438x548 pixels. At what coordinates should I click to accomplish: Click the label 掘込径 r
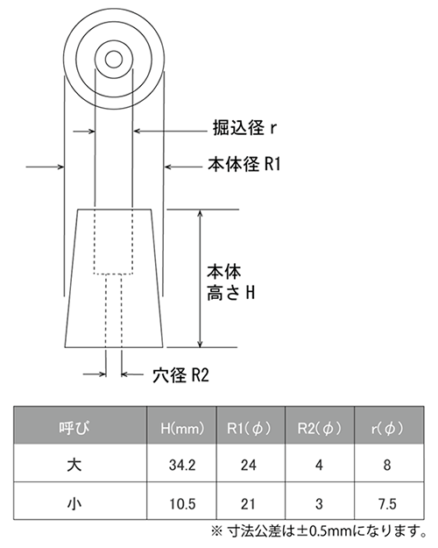pyautogui.click(x=245, y=128)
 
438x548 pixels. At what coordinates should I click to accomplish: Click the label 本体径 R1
pyautogui.click(x=244, y=164)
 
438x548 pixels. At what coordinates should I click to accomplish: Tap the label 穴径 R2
pyautogui.click(x=180, y=375)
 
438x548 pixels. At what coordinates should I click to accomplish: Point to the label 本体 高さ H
pyautogui.click(x=231, y=283)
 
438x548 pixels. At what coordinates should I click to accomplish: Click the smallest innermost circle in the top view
pyautogui.click(x=114, y=60)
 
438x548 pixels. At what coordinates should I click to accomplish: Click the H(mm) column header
pyautogui.click(x=182, y=428)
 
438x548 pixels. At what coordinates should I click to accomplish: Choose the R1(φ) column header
pyautogui.click(x=249, y=428)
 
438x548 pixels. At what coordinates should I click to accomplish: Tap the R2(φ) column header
pyautogui.click(x=319, y=428)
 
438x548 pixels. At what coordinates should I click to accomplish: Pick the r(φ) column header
pyautogui.click(x=387, y=428)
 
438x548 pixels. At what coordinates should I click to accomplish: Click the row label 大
pyautogui.click(x=74, y=466)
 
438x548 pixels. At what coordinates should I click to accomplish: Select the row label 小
pyautogui.click(x=74, y=504)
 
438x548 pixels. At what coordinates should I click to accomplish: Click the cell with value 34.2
pyautogui.click(x=182, y=466)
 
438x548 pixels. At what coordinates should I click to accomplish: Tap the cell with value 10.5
pyautogui.click(x=182, y=504)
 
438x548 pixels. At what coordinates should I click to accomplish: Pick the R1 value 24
pyautogui.click(x=248, y=466)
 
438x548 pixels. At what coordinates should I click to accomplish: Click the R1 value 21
pyautogui.click(x=248, y=504)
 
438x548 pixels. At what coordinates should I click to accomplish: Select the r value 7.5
pyautogui.click(x=387, y=504)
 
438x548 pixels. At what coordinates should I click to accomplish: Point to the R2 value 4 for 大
pyautogui.click(x=319, y=466)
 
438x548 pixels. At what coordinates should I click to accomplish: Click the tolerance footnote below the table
pyautogui.click(x=319, y=532)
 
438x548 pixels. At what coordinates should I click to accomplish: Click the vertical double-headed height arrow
pyautogui.click(x=200, y=279)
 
